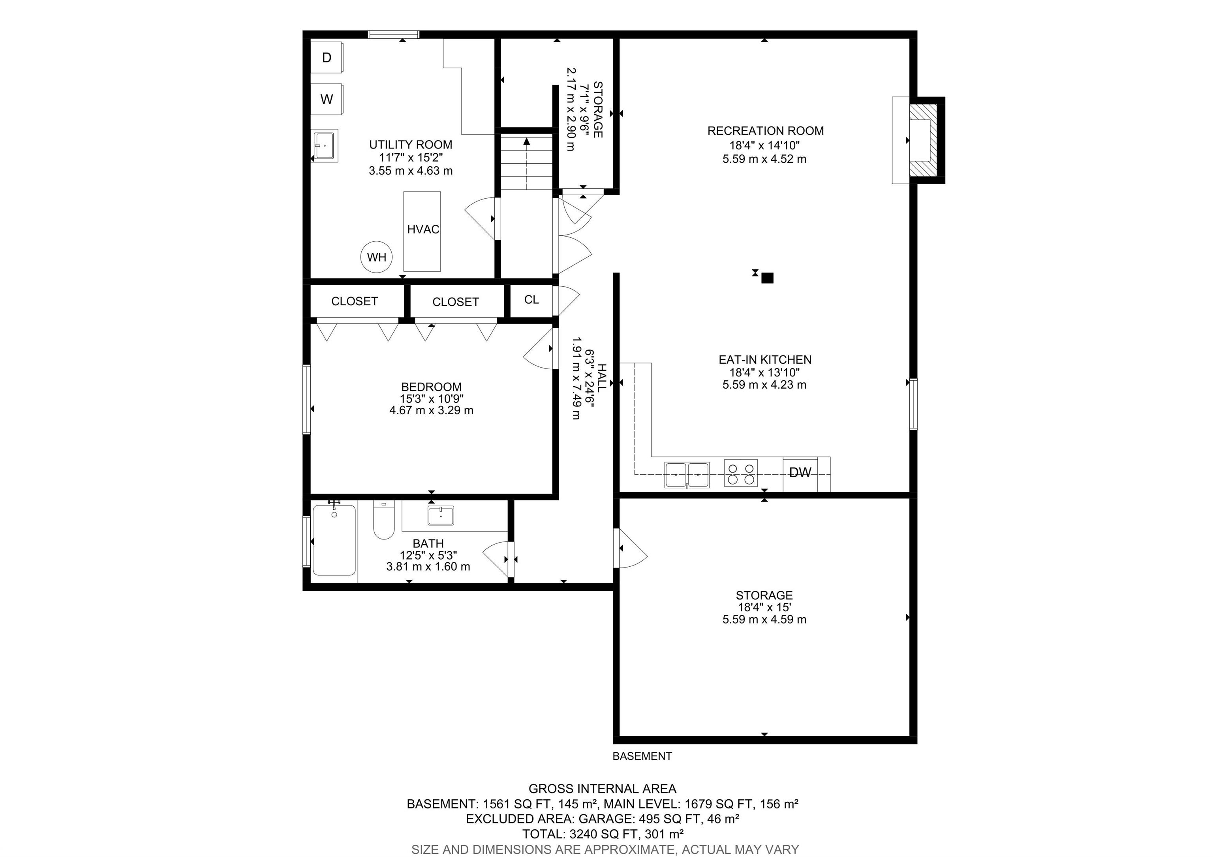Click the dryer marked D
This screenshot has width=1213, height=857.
pyautogui.click(x=327, y=57)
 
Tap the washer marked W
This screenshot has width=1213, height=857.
pyautogui.click(x=327, y=99)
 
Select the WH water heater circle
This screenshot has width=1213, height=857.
pyautogui.click(x=377, y=257)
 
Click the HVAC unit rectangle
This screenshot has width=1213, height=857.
pyautogui.click(x=422, y=231)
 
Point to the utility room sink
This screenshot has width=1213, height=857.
pyautogui.click(x=325, y=145)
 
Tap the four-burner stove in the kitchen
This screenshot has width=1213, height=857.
pyautogui.click(x=741, y=473)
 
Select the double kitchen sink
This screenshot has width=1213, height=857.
pyautogui.click(x=687, y=474)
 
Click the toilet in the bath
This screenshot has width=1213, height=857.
pyautogui.click(x=384, y=520)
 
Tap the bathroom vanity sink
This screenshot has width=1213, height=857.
pyautogui.click(x=441, y=516)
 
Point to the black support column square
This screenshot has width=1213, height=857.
pyautogui.click(x=768, y=278)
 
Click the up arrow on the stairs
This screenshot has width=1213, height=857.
pyautogui.click(x=527, y=163)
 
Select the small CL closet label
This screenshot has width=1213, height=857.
pyautogui.click(x=531, y=300)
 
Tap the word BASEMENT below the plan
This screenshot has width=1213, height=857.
pyautogui.click(x=642, y=756)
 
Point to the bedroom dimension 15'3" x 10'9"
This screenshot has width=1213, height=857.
pyautogui.click(x=432, y=398)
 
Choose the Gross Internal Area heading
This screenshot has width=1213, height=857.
pyautogui.click(x=602, y=789)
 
